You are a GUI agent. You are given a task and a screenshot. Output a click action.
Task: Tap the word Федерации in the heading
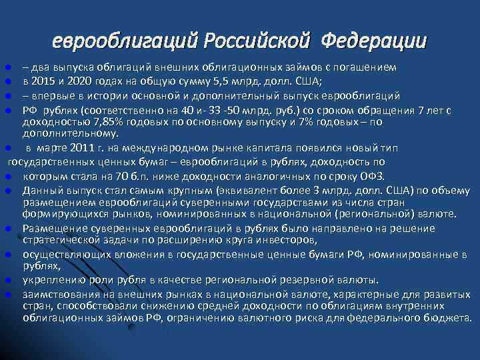(x=373, y=41)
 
